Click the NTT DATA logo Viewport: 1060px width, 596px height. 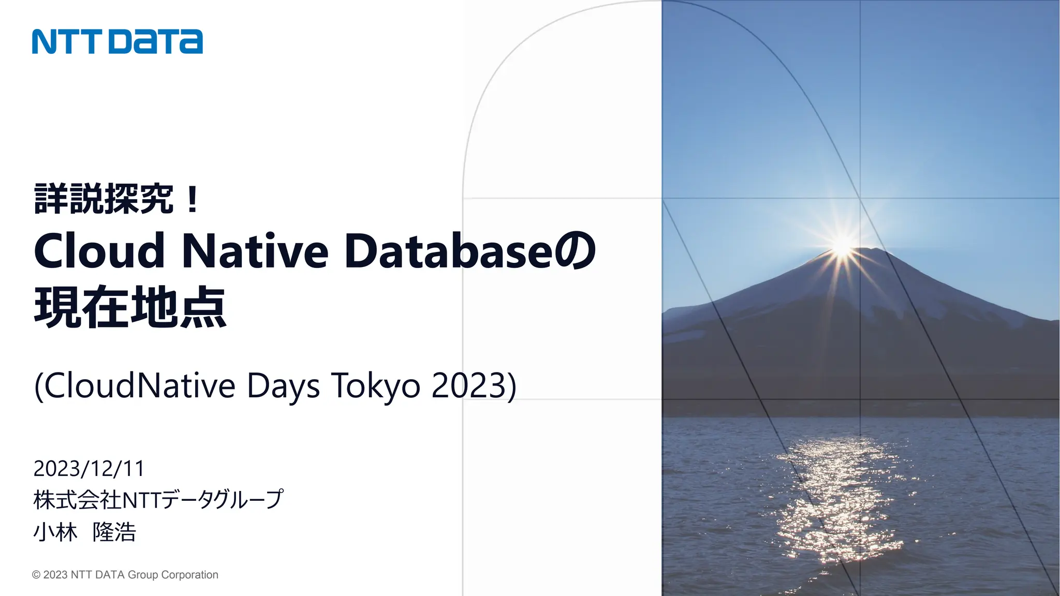tap(117, 41)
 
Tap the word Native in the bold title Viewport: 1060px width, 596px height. tap(255, 251)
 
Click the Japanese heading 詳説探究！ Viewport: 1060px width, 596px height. tap(117, 199)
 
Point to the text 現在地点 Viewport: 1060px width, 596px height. tap(130, 307)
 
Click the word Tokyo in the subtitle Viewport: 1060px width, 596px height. tap(376, 386)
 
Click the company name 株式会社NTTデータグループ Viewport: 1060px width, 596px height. tap(158, 500)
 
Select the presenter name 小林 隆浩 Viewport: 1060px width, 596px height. tap(85, 532)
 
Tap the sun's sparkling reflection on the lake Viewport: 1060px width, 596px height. tap(838, 497)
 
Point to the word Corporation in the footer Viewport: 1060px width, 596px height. tap(190, 575)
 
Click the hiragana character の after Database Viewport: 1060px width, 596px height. tap(575, 251)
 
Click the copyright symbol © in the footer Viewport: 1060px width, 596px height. tap(36, 575)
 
